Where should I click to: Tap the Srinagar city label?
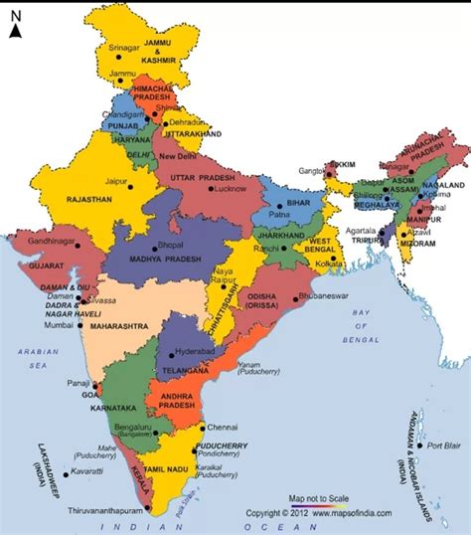click(126, 47)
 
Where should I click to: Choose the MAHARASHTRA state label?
click(119, 325)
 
